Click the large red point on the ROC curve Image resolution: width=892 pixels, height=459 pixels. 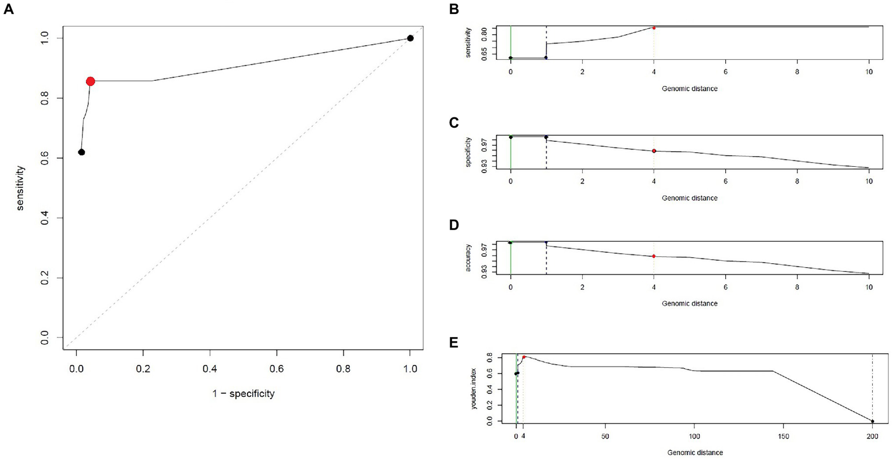coord(90,81)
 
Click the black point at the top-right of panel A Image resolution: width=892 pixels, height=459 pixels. coord(410,38)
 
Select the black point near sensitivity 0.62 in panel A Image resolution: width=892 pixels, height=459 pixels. coord(81,152)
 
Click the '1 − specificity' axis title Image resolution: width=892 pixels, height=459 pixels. coord(243,394)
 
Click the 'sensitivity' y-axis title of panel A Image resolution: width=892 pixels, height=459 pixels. coord(21,188)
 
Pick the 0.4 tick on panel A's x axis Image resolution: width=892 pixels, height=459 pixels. coord(210,368)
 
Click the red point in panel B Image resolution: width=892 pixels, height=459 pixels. coord(654,27)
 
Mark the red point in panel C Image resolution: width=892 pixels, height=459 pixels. coord(654,151)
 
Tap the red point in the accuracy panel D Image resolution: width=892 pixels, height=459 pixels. coord(654,256)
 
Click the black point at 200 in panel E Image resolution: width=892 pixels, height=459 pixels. coord(872,421)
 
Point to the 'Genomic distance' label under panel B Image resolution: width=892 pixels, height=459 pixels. coord(689,89)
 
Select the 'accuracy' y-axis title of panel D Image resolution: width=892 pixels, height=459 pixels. coord(468,258)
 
